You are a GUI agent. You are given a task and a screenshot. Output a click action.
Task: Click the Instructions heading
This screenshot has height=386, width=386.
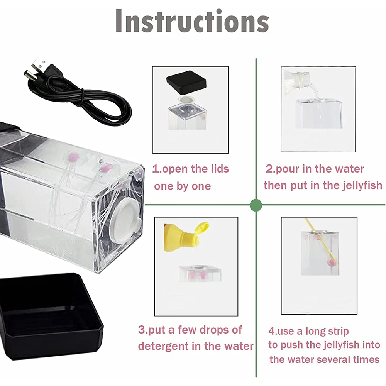(x=192, y=21)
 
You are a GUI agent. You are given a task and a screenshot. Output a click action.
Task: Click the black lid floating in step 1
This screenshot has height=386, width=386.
(x=186, y=83)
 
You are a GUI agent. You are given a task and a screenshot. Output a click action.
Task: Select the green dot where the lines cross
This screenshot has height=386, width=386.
(x=256, y=205)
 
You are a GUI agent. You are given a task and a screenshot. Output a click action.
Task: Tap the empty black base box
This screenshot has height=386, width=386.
(x=51, y=317)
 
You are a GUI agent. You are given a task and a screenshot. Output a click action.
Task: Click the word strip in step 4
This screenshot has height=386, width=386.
(x=336, y=332)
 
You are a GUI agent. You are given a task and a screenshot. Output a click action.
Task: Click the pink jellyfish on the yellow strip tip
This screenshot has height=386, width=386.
(x=331, y=262)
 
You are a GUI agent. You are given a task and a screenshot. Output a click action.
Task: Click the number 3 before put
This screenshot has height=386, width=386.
(x=142, y=330)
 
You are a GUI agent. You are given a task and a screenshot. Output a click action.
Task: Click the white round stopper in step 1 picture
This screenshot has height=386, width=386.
(x=186, y=100)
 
